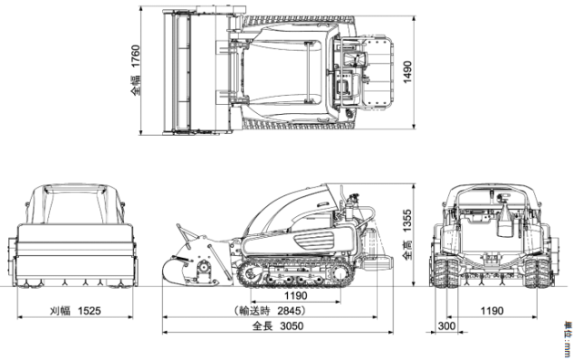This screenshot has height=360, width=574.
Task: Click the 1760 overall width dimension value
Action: point(136,56)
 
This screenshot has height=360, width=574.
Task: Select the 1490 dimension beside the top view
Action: point(407,72)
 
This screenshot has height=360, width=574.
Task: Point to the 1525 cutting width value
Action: point(89,311)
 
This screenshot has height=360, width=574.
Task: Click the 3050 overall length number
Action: point(292,325)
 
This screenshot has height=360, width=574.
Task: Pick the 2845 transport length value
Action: point(290,311)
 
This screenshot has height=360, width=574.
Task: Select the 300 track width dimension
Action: point(446,325)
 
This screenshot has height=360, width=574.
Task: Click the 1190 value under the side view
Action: point(296,295)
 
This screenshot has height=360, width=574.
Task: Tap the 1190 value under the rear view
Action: point(492,311)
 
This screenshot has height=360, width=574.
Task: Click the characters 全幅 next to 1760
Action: point(136,86)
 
